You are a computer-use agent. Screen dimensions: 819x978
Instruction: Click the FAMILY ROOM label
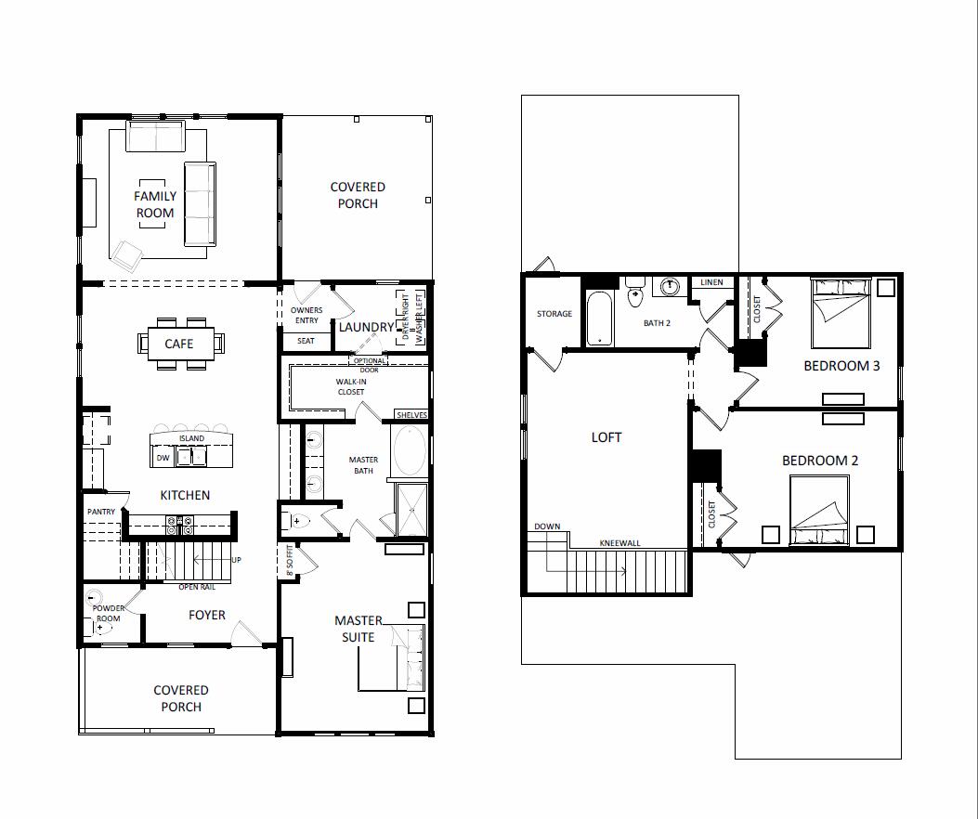(155, 204)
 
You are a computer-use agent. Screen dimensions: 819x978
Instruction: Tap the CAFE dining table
(179, 344)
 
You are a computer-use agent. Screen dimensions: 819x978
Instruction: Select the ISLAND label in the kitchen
(191, 438)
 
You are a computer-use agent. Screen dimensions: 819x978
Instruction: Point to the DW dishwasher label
(163, 458)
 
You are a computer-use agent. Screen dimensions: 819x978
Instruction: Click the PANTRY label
(100, 512)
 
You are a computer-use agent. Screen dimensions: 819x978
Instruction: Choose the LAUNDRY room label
(366, 327)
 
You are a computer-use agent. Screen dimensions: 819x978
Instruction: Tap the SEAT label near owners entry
(306, 341)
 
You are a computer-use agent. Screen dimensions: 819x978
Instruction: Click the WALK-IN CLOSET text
(350, 386)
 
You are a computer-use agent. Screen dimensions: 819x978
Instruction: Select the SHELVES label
(411, 415)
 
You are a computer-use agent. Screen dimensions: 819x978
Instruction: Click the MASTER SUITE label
(358, 629)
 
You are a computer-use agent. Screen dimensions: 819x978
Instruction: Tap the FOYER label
(206, 615)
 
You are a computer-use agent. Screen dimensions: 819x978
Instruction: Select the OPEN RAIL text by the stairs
(198, 587)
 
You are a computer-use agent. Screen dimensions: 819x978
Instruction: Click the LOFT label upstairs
(606, 436)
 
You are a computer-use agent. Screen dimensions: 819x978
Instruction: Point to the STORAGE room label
(554, 314)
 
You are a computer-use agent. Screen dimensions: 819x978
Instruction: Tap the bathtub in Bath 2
(600, 318)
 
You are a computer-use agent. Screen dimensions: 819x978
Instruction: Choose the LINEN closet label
(711, 282)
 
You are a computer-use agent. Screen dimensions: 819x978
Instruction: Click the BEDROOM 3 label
(841, 366)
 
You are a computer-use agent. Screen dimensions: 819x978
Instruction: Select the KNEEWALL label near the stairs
(619, 543)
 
